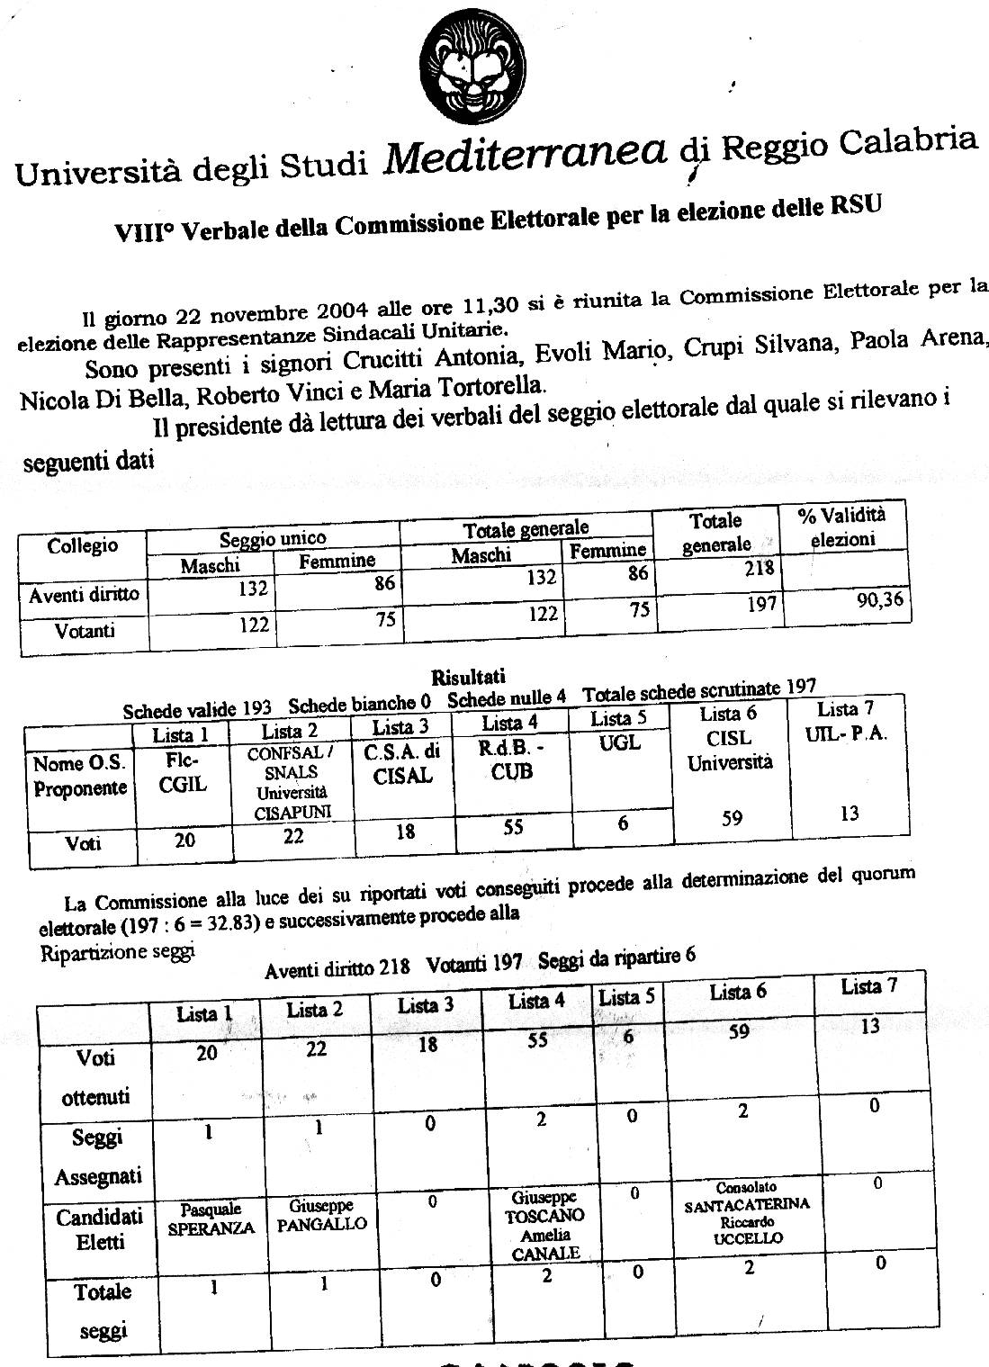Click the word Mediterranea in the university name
point(526,153)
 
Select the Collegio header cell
point(83,545)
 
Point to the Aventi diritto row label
point(84,595)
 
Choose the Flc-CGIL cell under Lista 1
point(183,773)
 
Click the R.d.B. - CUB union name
point(512,760)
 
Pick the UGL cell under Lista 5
point(620,743)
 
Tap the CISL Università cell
point(730,751)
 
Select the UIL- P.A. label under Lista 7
point(845,733)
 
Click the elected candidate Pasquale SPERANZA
point(211,1220)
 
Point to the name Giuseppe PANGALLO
point(321,1215)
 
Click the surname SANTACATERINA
point(747,1205)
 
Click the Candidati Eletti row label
point(99,1230)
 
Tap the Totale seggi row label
point(103,1311)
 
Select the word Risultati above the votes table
point(468,677)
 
